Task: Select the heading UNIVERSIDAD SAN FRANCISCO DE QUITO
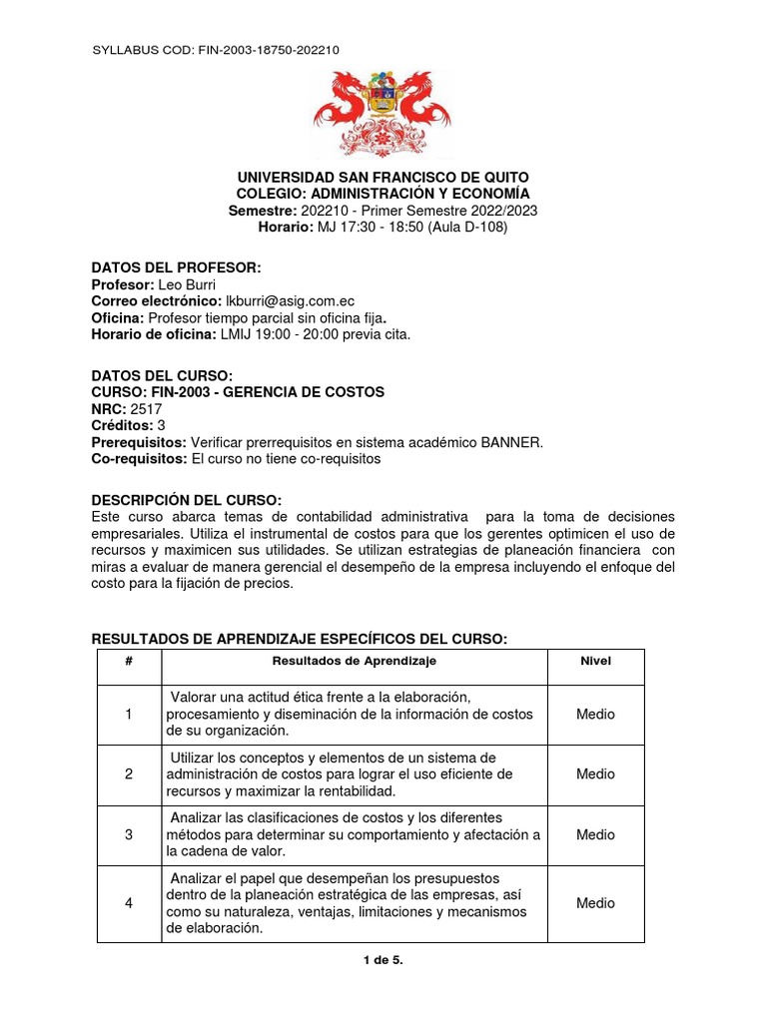pos(383,177)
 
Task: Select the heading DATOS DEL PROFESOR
pos(176,267)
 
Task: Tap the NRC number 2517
pos(144,409)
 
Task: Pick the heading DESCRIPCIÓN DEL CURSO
pos(187,499)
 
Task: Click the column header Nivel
pos(595,661)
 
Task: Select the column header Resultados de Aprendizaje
pos(355,661)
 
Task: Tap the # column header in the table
pos(129,661)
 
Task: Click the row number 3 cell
pos(129,834)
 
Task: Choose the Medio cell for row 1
pos(595,714)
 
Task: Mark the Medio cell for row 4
pos(595,902)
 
